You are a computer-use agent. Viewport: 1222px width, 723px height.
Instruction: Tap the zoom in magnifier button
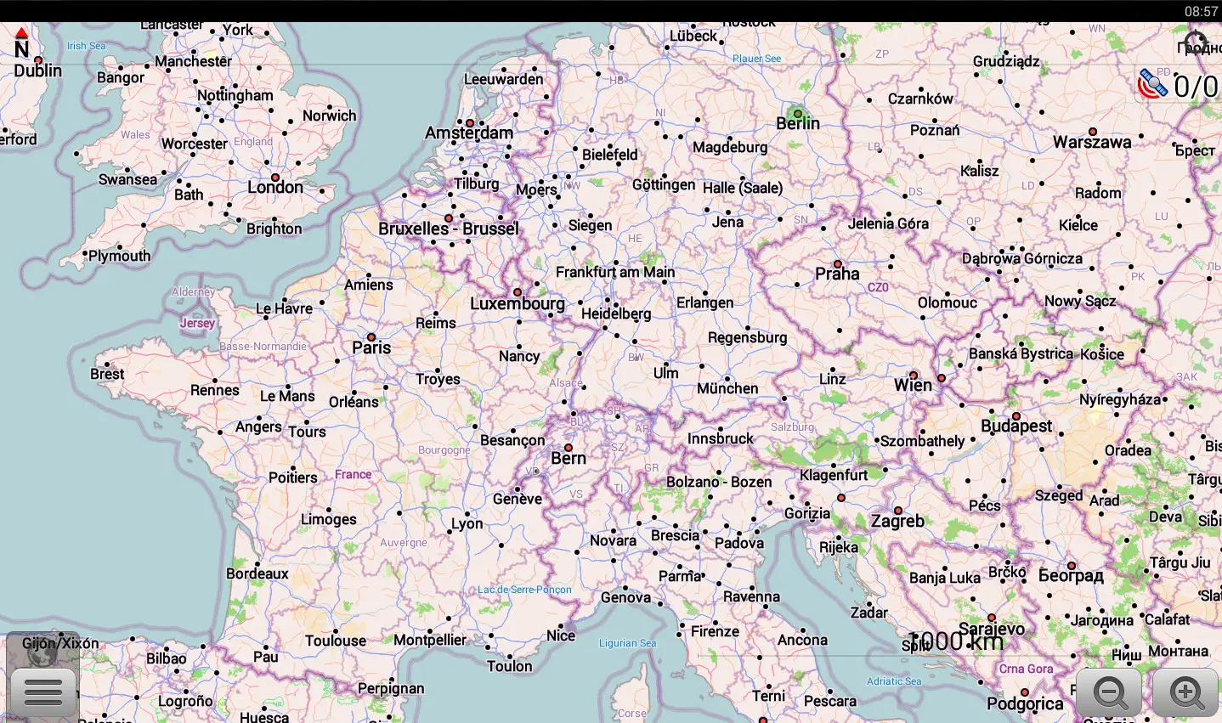(1186, 692)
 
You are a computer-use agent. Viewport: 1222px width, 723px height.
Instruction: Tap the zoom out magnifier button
(1110, 692)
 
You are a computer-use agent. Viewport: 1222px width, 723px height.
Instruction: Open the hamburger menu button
(43, 692)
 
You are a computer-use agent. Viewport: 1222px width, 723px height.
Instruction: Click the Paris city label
(371, 347)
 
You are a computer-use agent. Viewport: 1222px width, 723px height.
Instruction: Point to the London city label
(275, 187)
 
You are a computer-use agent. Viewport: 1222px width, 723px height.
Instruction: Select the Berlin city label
(798, 123)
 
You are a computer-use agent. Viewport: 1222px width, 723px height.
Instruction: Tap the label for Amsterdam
(469, 133)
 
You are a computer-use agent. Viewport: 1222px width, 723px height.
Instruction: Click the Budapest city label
(1016, 426)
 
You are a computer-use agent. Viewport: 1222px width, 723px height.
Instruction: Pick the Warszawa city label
(1092, 142)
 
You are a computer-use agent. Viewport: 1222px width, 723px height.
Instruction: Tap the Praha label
(837, 274)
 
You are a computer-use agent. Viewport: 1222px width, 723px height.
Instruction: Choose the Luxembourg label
(518, 303)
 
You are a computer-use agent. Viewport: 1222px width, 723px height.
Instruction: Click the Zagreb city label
(897, 521)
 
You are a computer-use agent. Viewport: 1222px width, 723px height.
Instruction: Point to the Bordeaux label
(257, 573)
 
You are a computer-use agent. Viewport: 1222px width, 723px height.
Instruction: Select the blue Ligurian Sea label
(627, 643)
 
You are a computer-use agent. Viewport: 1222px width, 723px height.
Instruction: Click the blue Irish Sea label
(87, 46)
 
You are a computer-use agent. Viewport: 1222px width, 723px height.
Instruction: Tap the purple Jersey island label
(197, 323)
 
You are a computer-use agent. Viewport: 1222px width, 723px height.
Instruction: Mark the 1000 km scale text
(957, 641)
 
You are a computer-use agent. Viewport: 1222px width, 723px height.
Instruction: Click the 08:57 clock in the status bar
(1201, 11)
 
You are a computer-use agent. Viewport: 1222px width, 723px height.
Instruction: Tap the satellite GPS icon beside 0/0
(1152, 84)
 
